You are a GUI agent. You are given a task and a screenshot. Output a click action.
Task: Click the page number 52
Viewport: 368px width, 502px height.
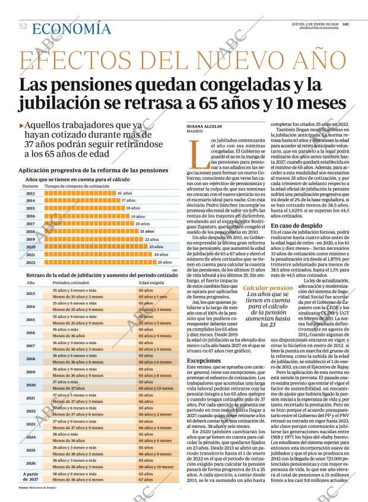(23, 27)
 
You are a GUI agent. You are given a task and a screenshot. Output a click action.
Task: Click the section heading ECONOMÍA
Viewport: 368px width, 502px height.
(71, 28)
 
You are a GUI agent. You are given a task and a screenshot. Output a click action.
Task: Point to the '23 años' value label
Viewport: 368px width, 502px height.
(157, 246)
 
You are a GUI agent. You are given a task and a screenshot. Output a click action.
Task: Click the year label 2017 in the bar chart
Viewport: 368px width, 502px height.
(30, 224)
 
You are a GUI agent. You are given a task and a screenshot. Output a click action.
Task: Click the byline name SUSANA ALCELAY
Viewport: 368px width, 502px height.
(204, 127)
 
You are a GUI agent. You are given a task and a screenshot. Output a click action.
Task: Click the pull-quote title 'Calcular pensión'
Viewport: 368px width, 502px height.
(268, 288)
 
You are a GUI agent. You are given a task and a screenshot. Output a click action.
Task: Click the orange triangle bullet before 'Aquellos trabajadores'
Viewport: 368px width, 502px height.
(22, 125)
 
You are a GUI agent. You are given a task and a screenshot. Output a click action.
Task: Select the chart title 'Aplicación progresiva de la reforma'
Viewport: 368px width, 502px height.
(93, 170)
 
